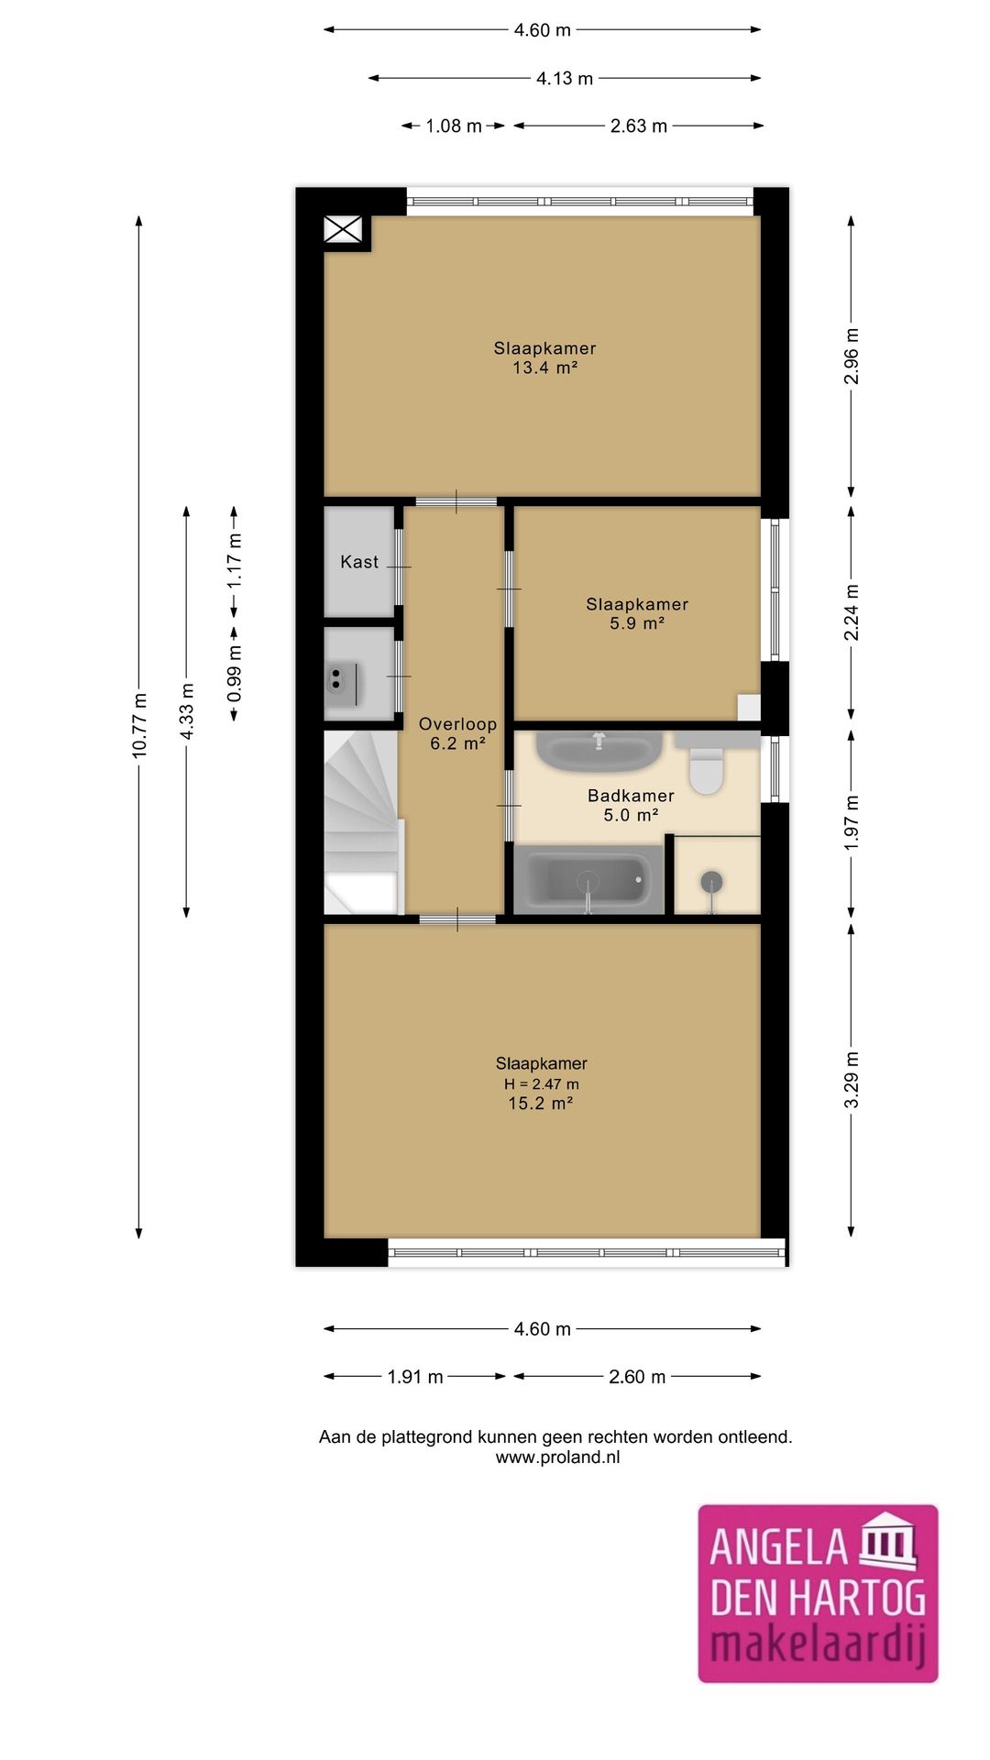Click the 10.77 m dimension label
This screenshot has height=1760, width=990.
139,724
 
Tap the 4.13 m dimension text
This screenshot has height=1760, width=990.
565,79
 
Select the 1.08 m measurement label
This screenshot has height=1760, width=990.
454,126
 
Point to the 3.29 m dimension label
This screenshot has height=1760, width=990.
852,1079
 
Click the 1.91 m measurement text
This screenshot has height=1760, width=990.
415,1377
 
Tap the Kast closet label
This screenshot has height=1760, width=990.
359,562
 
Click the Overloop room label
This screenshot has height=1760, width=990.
457,724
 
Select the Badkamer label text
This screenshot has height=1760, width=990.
631,796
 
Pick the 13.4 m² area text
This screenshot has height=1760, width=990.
544,368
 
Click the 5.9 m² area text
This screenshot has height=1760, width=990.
637,623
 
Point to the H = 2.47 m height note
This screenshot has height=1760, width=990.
541,1084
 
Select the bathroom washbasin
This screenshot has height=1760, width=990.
599,751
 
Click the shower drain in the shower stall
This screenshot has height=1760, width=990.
711,882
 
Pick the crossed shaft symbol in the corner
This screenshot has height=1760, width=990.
344,229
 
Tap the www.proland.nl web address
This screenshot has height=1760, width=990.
557,1457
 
